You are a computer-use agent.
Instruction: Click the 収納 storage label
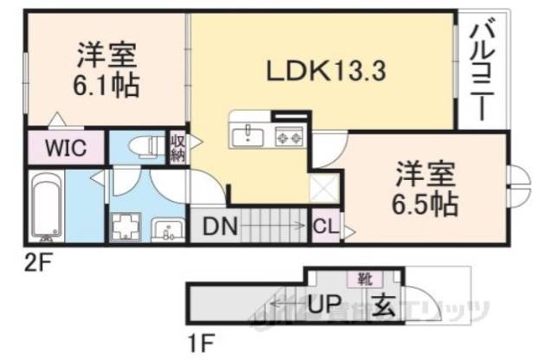177,147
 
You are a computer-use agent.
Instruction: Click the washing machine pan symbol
126,227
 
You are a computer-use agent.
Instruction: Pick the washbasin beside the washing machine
168,229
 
